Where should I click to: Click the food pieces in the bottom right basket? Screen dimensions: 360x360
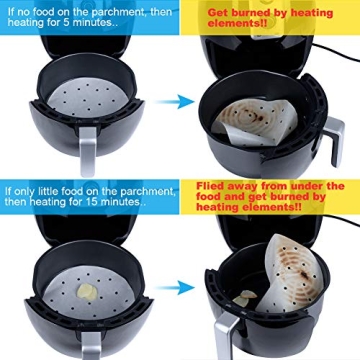[x=244, y=297]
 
